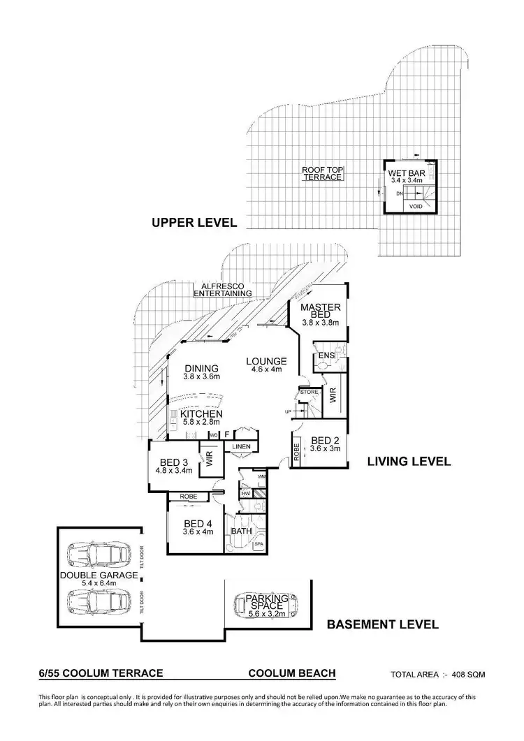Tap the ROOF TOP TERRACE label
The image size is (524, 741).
(322, 173)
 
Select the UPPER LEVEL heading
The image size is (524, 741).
(194, 223)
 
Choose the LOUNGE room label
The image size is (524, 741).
(262, 361)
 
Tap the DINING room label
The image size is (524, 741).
(201, 369)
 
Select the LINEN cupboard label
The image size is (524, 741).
(242, 446)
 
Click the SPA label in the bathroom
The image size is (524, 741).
(257, 544)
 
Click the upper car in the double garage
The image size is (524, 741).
(99, 556)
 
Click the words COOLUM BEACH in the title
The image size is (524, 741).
(292, 673)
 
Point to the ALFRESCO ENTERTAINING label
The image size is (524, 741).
(223, 290)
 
